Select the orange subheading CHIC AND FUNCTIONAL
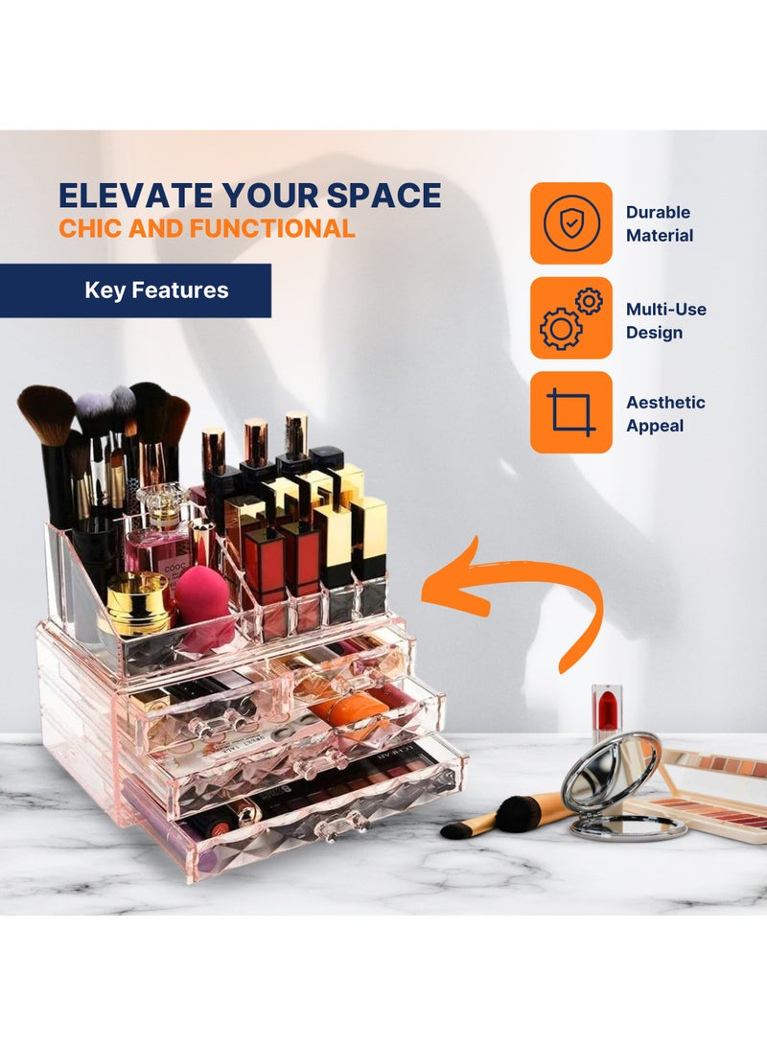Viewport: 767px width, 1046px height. tap(206, 228)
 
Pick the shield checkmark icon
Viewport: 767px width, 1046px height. tap(571, 223)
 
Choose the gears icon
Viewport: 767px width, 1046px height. tap(571, 318)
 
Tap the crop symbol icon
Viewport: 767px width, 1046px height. tap(571, 412)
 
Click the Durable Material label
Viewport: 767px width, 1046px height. tap(659, 223)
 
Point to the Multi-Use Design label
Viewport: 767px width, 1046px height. tap(665, 320)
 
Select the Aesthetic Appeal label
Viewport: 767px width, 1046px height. tap(665, 414)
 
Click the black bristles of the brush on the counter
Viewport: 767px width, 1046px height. tap(517, 815)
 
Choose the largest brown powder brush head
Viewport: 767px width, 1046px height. tap(46, 413)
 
